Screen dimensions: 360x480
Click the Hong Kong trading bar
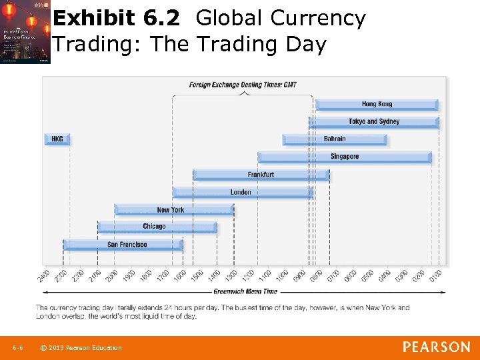click(x=377, y=104)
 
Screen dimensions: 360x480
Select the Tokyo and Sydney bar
click(x=374, y=122)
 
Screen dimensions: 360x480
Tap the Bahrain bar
click(x=335, y=139)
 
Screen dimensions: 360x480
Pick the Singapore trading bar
click(x=345, y=157)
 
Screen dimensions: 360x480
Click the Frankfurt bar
click(x=261, y=175)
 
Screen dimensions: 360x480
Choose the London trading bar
click(x=242, y=193)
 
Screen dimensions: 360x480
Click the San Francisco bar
click(x=123, y=245)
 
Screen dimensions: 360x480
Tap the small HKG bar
click(x=57, y=139)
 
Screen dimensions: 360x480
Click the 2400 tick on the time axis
click(x=45, y=275)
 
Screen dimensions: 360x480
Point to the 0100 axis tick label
click(x=436, y=275)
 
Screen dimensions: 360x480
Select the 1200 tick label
click(x=249, y=275)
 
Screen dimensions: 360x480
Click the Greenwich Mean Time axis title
click(x=245, y=291)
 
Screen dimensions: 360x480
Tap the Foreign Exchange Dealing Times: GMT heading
click(x=243, y=85)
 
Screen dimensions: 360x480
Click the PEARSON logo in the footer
click(x=436, y=347)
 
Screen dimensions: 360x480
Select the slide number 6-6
click(x=18, y=348)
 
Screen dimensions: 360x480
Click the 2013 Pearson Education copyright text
click(x=81, y=348)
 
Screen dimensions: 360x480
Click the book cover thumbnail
click(x=25, y=32)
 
